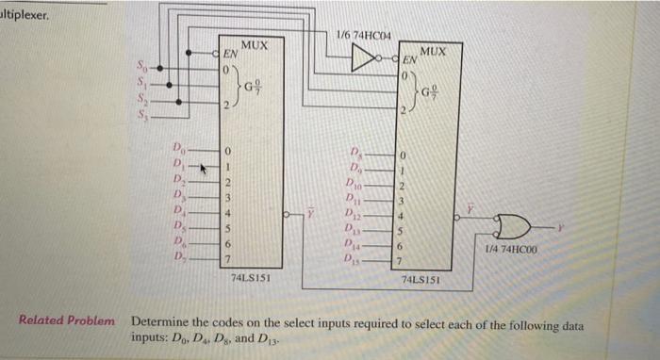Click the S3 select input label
pos(142,110)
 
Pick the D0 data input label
pos(176,147)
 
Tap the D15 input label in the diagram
pos(355,259)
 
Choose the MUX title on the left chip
pos(255,44)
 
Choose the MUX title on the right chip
pos(434,49)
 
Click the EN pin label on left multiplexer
pos(228,57)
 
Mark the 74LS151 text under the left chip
pos(252,278)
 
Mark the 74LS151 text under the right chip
pos(422,280)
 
